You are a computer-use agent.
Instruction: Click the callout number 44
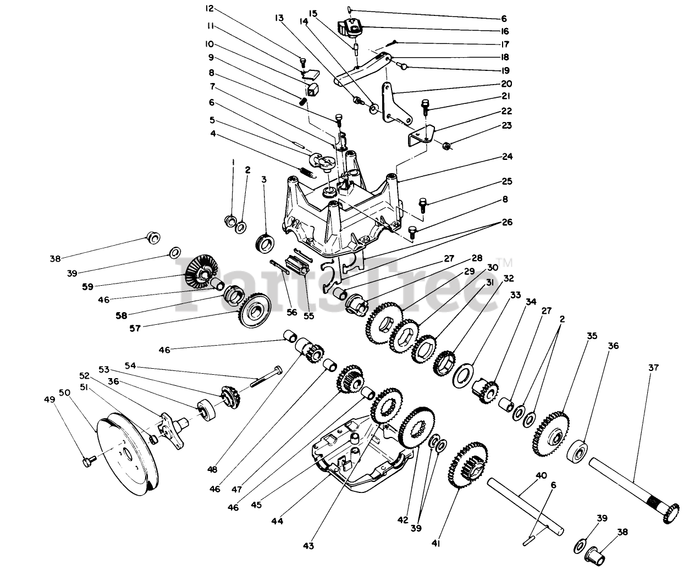coord(277,520)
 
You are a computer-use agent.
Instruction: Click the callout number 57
coord(134,328)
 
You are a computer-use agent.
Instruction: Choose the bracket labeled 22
coord(421,134)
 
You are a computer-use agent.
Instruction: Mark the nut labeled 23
coord(447,146)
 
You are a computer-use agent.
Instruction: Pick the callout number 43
coord(308,545)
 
